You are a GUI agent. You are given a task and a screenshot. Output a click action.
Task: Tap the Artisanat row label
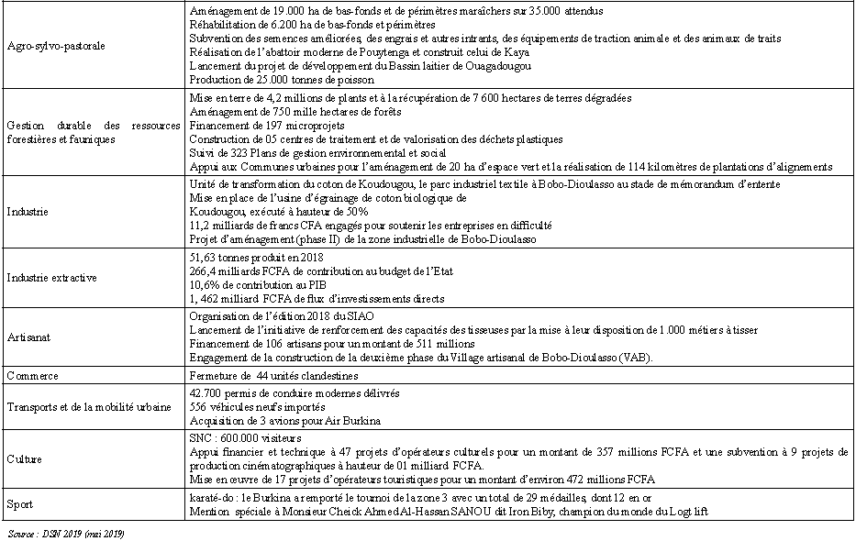tap(28, 337)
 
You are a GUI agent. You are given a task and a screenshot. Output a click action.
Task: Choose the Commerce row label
tap(32, 376)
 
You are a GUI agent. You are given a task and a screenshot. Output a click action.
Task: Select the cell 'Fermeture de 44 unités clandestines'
tap(272, 376)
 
